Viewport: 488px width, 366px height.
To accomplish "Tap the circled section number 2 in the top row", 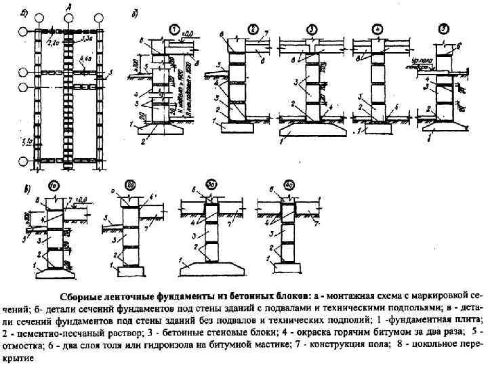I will [x=252, y=29].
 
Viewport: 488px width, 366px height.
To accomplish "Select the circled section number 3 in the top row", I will [x=313, y=29].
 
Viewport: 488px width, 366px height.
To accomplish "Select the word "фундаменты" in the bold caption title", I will [x=176, y=296].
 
